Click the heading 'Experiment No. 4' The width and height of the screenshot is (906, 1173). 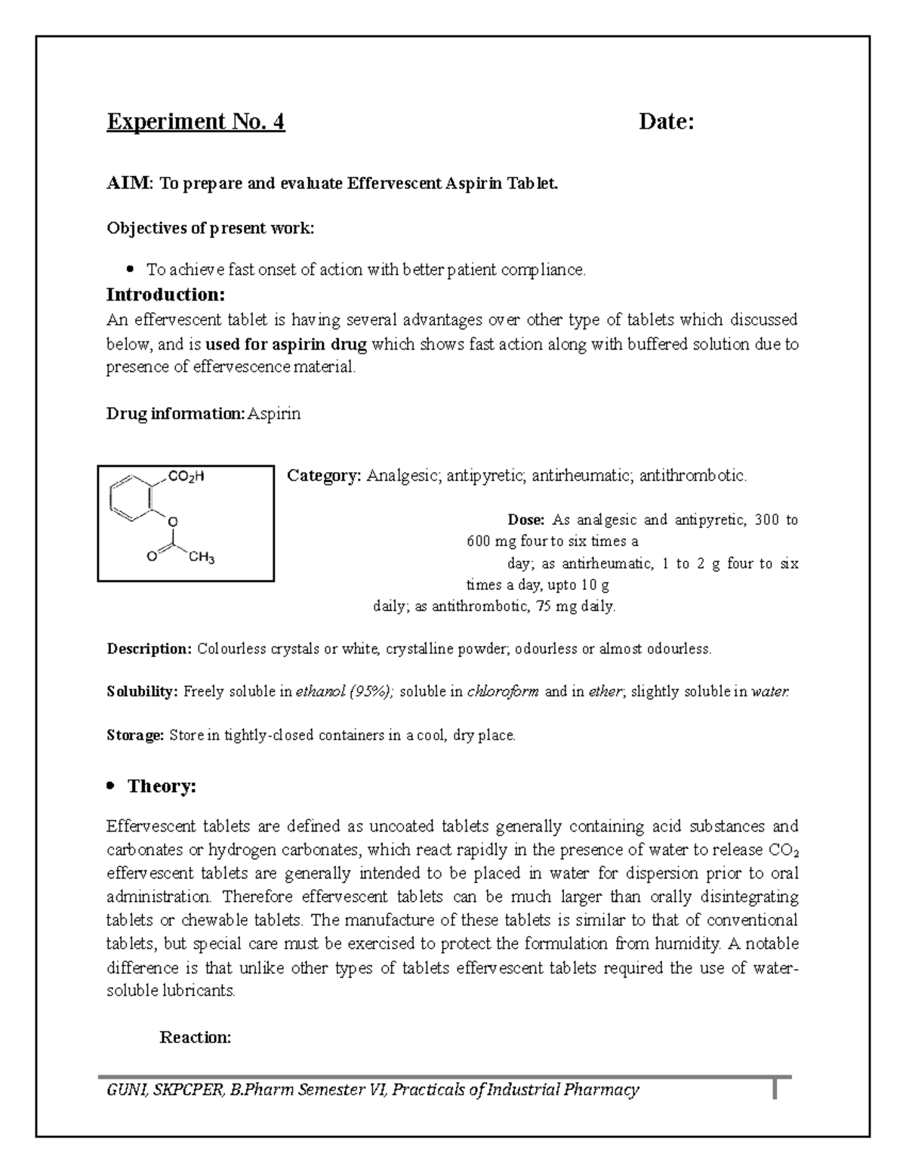pyautogui.click(x=196, y=122)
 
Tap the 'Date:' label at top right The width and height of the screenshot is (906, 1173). pyautogui.click(x=666, y=122)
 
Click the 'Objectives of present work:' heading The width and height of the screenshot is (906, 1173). pyautogui.click(x=210, y=228)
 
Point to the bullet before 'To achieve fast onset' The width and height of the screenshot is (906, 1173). pyautogui.click(x=131, y=269)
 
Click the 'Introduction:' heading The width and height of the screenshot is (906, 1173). pyautogui.click(x=165, y=294)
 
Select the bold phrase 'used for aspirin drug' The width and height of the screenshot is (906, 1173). pyautogui.click(x=286, y=344)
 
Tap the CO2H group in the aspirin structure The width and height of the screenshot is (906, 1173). pyautogui.click(x=186, y=477)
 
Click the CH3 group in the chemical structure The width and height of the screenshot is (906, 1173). pyautogui.click(x=202, y=558)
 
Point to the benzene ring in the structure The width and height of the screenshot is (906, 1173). pyautogui.click(x=133, y=499)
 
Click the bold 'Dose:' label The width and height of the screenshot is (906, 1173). pyautogui.click(x=525, y=520)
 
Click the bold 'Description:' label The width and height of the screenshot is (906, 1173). pyautogui.click(x=149, y=649)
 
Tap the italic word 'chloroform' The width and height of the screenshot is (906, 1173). pyautogui.click(x=503, y=692)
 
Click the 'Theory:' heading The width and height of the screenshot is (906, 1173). pyautogui.click(x=162, y=786)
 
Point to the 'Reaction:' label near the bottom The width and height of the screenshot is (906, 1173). pyautogui.click(x=196, y=1037)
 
